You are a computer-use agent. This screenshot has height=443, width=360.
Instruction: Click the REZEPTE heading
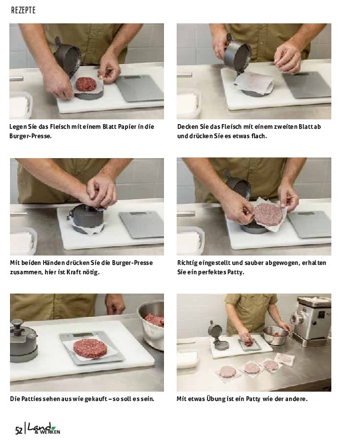(23, 11)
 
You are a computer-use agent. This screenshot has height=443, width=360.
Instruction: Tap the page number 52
(19, 430)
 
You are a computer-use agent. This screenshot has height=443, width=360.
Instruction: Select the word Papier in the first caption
(127, 127)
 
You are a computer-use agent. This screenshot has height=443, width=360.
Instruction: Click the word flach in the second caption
(259, 136)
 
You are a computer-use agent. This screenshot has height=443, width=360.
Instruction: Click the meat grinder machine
(311, 321)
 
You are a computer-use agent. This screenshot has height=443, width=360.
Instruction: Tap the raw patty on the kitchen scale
(90, 348)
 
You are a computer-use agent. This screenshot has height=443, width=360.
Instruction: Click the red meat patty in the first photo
(86, 84)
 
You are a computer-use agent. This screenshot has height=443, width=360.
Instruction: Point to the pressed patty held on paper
(268, 215)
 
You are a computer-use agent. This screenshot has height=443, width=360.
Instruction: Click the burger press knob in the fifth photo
(17, 323)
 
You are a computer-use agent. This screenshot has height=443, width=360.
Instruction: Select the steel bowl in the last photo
(275, 336)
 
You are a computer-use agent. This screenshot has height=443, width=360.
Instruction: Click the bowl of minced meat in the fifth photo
(151, 325)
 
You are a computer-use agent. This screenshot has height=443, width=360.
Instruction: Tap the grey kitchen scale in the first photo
(140, 88)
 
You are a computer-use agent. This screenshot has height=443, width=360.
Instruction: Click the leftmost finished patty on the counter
(227, 372)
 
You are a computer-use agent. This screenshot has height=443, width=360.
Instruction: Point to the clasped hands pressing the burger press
(101, 191)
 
